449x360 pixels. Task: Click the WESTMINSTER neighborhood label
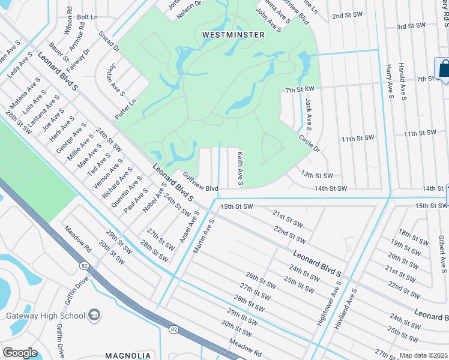pyautogui.click(x=234, y=35)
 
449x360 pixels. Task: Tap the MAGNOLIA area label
pyautogui.click(x=128, y=355)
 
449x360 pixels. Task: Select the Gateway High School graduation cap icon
pyautogui.click(x=94, y=315)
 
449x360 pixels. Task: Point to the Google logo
pyautogui.click(x=20, y=353)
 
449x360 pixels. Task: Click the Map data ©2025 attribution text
pyautogui.click(x=424, y=355)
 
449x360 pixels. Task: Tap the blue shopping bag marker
pyautogui.click(x=444, y=68)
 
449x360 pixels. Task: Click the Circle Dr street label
pyautogui.click(x=310, y=143)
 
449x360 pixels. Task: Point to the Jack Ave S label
pyautogui.click(x=309, y=115)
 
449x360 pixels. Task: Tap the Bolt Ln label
pyautogui.click(x=87, y=17)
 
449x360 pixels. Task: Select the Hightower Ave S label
pyautogui.click(x=321, y=307)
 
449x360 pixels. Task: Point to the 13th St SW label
pyautogui.click(x=317, y=175)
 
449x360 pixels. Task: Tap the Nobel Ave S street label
pyautogui.click(x=153, y=202)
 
